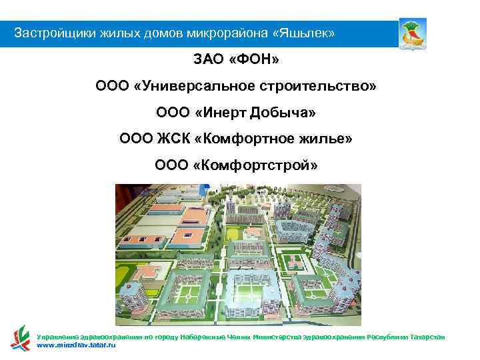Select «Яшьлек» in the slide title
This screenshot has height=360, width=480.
[306, 33]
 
